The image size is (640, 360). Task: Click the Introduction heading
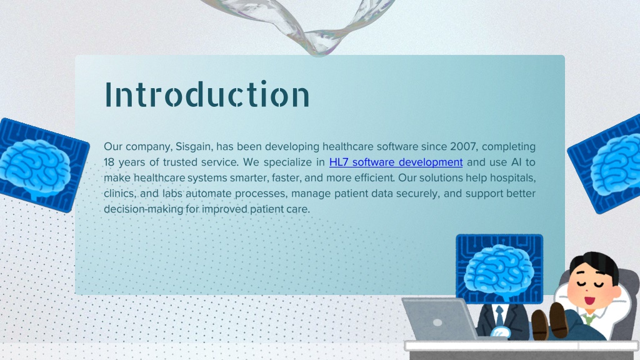pyautogui.click(x=207, y=94)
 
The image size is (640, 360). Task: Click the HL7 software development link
pyautogui.click(x=396, y=162)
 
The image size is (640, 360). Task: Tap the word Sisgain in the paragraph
pyautogui.click(x=193, y=147)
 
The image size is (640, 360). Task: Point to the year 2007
pyautogui.click(x=463, y=146)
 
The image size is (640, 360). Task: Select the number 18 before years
pyautogui.click(x=109, y=162)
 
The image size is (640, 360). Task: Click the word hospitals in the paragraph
pyautogui.click(x=512, y=178)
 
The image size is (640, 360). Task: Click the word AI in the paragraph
pyautogui.click(x=516, y=162)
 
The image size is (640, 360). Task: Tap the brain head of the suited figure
pyautogui.click(x=499, y=269)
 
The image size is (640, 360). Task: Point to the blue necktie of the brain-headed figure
pyautogui.click(x=499, y=316)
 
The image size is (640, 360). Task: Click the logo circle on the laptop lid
pyautogui.click(x=437, y=322)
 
